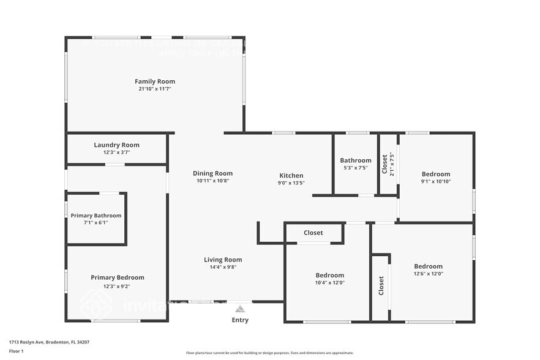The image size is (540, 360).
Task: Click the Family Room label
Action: point(154,81)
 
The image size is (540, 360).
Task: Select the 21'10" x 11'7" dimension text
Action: point(154,89)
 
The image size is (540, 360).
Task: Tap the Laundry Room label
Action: point(116,145)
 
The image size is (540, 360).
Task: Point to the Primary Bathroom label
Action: point(96,216)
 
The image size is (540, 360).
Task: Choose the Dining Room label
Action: point(212,173)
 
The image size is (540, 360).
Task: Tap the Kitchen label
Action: point(291,176)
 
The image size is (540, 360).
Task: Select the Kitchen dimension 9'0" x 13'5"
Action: point(291,182)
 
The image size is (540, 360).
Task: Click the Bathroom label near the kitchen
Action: point(356,160)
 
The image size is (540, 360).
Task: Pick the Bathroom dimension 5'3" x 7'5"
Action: point(356,168)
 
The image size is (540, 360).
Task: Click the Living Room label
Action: point(223,260)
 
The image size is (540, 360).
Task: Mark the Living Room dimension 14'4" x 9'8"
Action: point(223,267)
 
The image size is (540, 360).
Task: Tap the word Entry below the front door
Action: point(240,320)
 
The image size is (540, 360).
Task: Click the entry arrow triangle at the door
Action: point(240,309)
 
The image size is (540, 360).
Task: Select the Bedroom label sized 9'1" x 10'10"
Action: point(435,174)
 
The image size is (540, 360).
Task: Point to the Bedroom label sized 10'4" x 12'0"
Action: point(329,275)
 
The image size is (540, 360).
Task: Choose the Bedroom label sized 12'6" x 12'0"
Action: point(428,266)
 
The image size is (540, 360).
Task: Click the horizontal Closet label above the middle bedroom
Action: point(313,233)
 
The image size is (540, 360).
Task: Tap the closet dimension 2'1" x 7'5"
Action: point(392,164)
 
